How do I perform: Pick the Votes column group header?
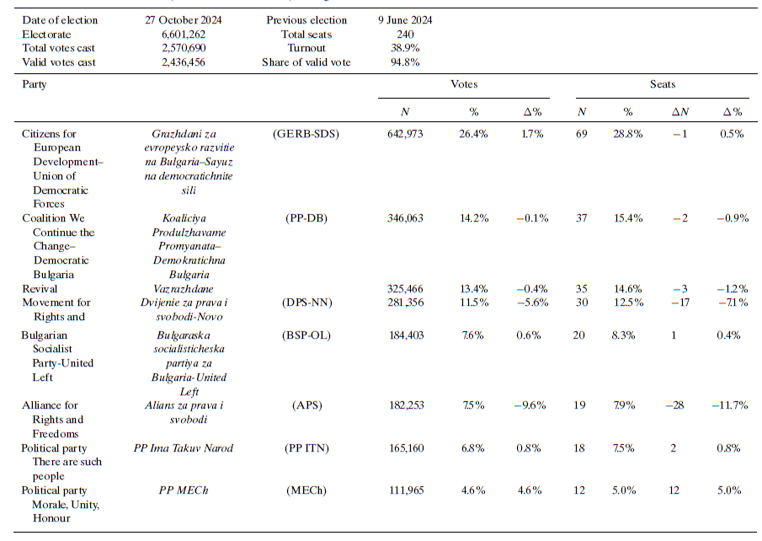click(466, 84)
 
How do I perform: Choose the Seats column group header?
click(662, 84)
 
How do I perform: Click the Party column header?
click(34, 84)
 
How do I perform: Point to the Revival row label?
click(40, 288)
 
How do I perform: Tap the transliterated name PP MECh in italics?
click(185, 490)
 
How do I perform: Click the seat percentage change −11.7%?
click(731, 405)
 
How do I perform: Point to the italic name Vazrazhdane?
click(185, 288)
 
